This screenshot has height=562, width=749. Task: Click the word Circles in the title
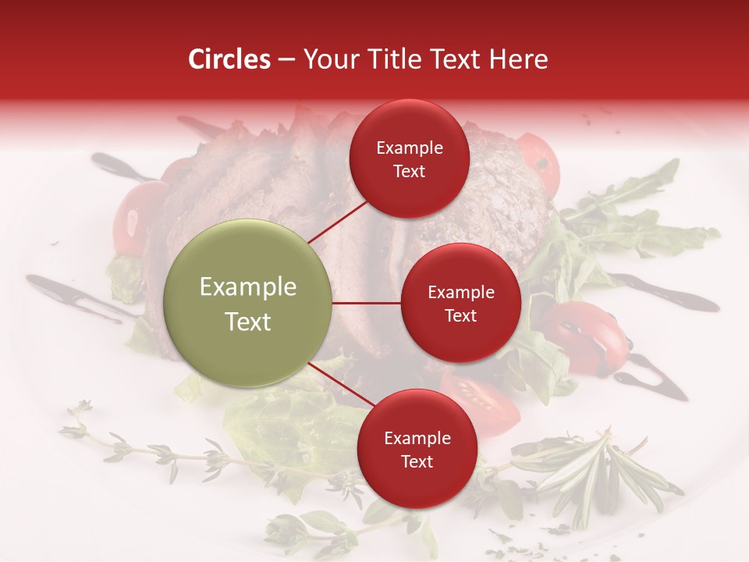[x=229, y=59]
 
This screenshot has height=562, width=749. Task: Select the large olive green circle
[x=248, y=304]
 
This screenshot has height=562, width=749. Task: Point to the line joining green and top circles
[x=339, y=221]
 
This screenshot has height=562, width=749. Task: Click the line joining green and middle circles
[x=367, y=303]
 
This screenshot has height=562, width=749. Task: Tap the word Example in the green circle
[x=248, y=287]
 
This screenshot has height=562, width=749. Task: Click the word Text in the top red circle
[x=409, y=171]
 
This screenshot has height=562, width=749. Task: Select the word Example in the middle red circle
[x=461, y=293]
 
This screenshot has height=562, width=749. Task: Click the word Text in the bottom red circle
[x=417, y=461]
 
